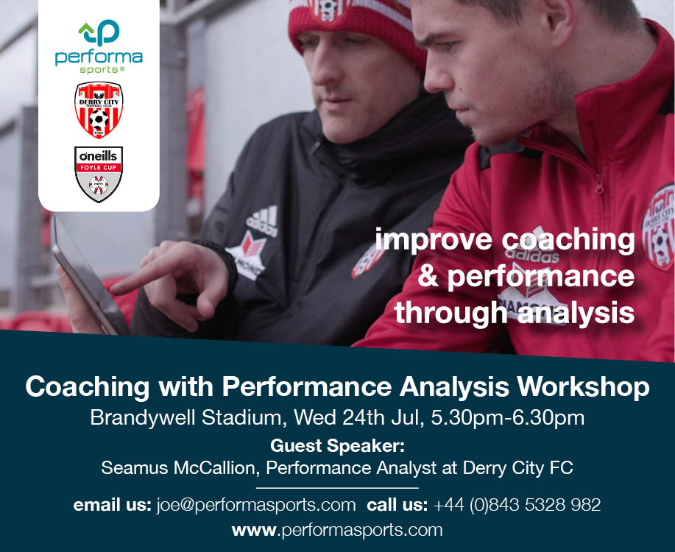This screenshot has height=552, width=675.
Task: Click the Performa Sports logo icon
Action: [x=99, y=32]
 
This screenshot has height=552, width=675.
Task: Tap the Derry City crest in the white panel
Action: [x=99, y=110]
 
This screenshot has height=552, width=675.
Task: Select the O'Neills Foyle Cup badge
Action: [x=99, y=174]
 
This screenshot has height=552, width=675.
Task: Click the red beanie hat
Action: [x=357, y=28]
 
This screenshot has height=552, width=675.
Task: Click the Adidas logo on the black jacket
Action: [x=262, y=221]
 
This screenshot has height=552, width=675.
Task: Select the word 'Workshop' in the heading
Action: [x=583, y=386]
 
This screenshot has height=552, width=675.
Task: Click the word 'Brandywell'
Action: [x=143, y=417]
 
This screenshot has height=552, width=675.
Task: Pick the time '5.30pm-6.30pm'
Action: [x=508, y=417]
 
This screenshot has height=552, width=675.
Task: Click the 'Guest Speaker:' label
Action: [x=337, y=445]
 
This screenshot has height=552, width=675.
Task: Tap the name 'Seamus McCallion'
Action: [x=180, y=467]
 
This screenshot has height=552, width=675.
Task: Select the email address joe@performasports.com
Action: [x=256, y=505]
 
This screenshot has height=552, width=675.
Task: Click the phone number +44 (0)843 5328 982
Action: [x=517, y=505]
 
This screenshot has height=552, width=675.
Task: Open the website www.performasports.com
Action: [x=337, y=530]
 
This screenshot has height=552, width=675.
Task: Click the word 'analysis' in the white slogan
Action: [x=576, y=313]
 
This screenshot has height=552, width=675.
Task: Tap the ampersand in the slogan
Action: [x=428, y=276]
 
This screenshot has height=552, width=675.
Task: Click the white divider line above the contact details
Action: [x=337, y=488]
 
